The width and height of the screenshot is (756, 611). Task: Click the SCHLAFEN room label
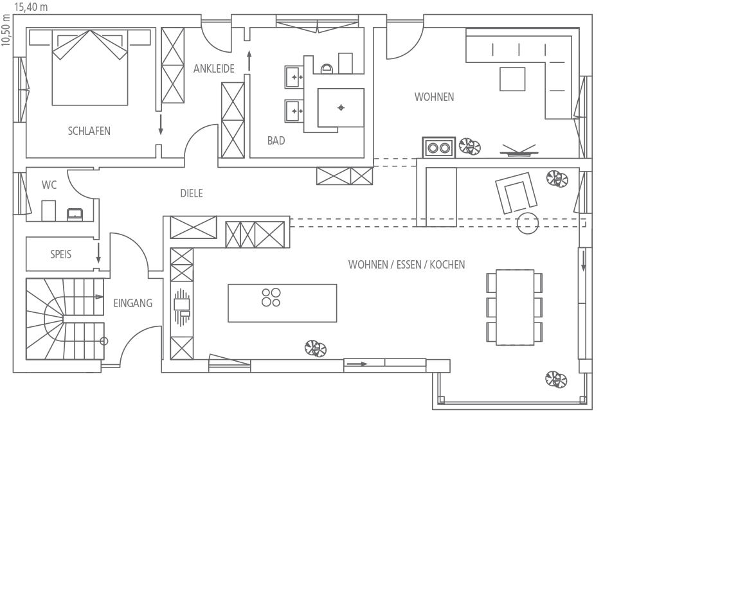point(89,131)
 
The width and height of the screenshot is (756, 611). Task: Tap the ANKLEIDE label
point(213,69)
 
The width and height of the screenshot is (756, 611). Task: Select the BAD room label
point(276,141)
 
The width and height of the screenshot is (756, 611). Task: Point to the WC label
point(49,185)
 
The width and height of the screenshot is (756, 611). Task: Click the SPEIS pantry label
point(60,254)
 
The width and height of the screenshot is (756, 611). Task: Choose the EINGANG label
point(132,303)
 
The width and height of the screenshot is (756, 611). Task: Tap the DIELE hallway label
point(192,194)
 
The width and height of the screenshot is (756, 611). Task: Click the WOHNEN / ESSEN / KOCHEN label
point(406,265)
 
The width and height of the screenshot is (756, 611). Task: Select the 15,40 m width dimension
point(31,6)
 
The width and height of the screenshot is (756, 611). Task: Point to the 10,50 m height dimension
point(6,30)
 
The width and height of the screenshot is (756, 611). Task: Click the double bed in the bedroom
point(90,67)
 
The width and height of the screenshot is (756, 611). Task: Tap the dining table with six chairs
point(514,307)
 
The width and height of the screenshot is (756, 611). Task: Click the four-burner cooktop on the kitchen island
point(271,297)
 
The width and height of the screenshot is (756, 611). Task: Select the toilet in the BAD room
point(327,68)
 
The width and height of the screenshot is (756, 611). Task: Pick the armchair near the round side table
point(516,193)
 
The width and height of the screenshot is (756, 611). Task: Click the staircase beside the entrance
point(64,319)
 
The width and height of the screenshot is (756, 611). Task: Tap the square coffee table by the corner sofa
point(512,79)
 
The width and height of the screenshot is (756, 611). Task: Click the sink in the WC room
point(75,215)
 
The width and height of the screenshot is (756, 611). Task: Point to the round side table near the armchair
point(527,223)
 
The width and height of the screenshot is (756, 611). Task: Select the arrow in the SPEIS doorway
point(98,253)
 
